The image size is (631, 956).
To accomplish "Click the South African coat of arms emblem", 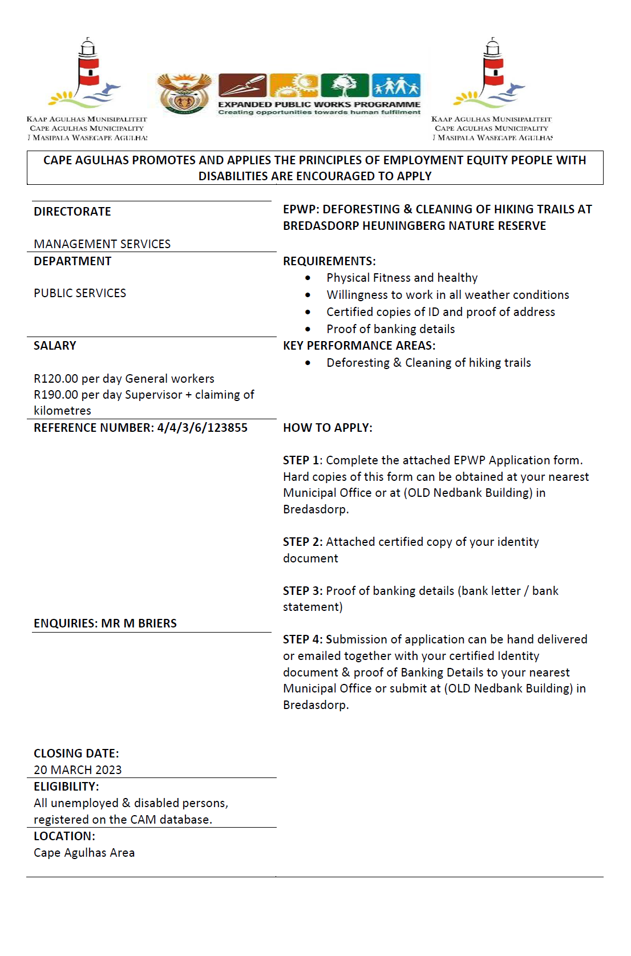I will coord(184,94).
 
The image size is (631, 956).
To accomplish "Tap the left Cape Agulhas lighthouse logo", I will coord(87,74).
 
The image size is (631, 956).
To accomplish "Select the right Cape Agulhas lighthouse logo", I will coord(491,74).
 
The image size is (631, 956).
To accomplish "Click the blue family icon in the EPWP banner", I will coord(396,86).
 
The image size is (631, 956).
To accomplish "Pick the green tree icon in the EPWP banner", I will coord(345,86).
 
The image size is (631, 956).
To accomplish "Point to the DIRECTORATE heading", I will coord(72,212).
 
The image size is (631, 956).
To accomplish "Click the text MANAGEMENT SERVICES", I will coord(102,244).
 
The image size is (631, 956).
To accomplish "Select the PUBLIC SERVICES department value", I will coord(80,293).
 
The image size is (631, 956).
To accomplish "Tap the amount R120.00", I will coord(56,379).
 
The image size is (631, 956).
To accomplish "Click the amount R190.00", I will coord(56,395).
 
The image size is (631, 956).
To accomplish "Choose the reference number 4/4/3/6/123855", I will coord(203,428).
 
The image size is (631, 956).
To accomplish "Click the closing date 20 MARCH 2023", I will coord(78,770).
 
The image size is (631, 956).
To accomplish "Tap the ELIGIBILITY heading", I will coord(66,787).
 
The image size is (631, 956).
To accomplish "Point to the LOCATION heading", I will coord(64,836).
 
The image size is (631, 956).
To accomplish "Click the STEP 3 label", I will coord(302,591).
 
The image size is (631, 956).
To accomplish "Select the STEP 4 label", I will coord(302,639).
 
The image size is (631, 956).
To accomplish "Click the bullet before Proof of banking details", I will coord(308,329).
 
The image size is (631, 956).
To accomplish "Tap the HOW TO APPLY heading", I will coord(327,428).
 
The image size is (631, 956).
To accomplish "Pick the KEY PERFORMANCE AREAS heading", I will coord(359,346).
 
